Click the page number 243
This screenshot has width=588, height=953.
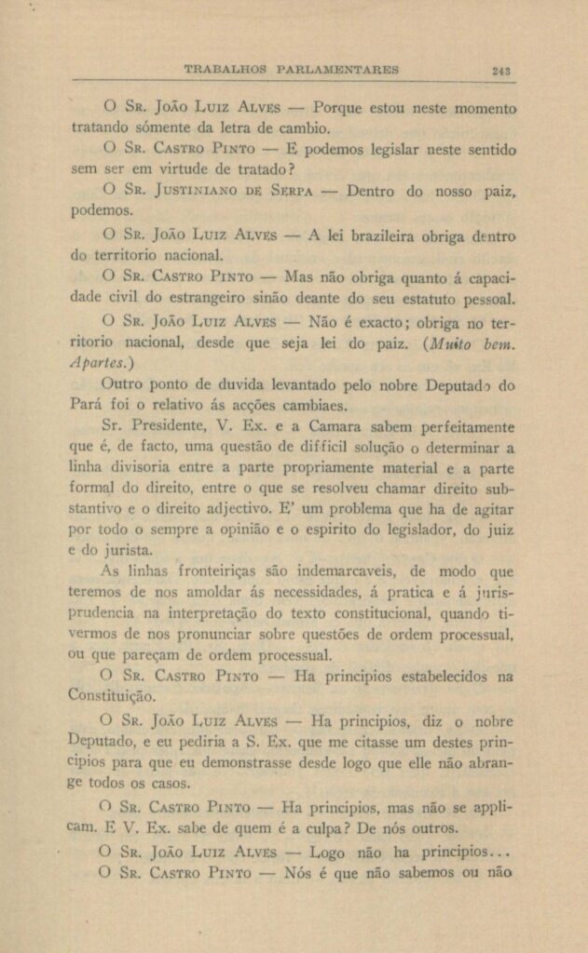tap(501, 70)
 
